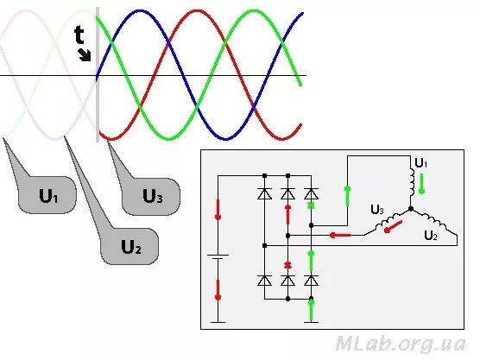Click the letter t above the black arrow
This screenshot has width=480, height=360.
coord(79,35)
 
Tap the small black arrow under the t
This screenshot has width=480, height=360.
coord(85,55)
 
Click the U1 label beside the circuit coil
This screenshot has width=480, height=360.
coord(421,163)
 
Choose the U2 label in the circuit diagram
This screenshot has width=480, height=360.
coord(431,236)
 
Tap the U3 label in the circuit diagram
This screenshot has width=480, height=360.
coord(377,210)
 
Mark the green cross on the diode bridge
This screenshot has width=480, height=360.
coord(311,205)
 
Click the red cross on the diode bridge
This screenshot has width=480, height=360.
coord(287,265)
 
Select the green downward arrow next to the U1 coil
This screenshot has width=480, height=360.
coord(422,184)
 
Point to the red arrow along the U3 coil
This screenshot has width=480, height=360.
coord(393,226)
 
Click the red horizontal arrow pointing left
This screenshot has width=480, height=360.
coord(340,235)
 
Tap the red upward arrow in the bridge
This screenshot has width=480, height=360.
coord(287,214)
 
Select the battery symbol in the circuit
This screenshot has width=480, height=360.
coord(218,257)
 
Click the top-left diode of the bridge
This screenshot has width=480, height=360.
coord(265,193)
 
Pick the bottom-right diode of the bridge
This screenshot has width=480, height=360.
coord(311,281)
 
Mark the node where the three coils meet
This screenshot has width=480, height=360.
coord(411,209)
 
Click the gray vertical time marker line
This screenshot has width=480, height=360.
coord(98,75)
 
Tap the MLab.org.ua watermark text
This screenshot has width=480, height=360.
coord(401,344)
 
